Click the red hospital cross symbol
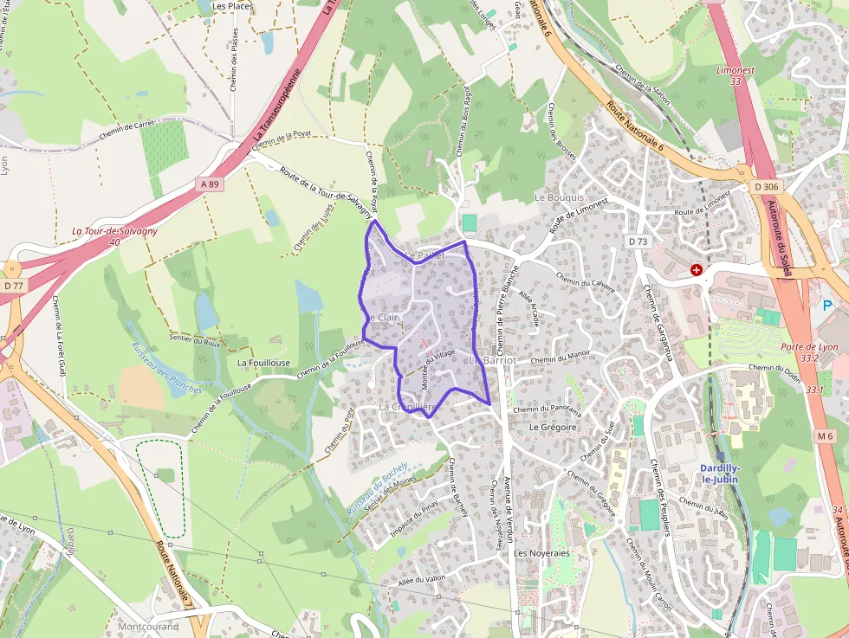pyautogui.click(x=697, y=270)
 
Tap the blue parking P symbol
pyautogui.click(x=827, y=306)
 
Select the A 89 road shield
pyautogui.click(x=210, y=184)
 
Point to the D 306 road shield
pyautogui.click(x=766, y=187)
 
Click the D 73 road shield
pyautogui.click(x=638, y=242)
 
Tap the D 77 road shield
pyautogui.click(x=12, y=285)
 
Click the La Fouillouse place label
pyautogui.click(x=262, y=363)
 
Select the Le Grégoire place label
pyautogui.click(x=553, y=427)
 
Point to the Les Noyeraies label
pyautogui.click(x=541, y=552)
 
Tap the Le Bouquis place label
pyautogui.click(x=560, y=197)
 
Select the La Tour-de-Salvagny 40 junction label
pyautogui.click(x=110, y=235)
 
